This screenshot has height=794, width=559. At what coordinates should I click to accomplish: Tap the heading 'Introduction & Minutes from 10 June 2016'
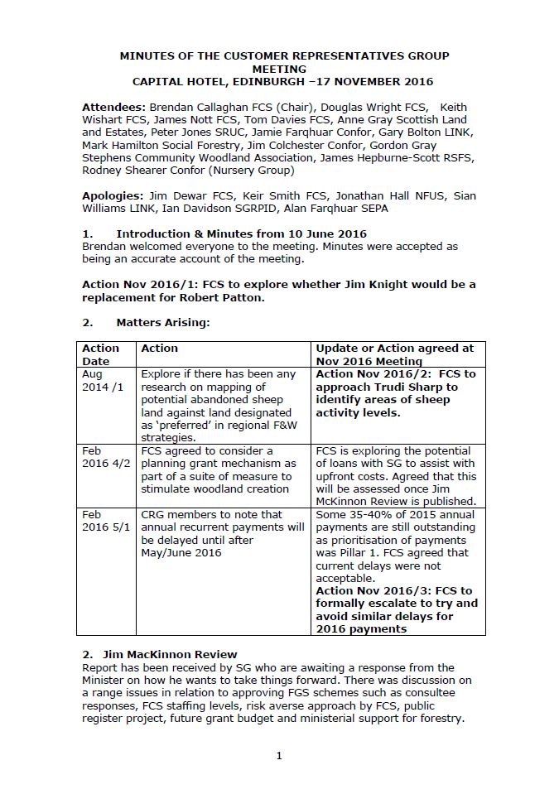(241, 233)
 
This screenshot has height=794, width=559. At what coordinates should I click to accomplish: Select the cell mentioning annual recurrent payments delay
(222, 533)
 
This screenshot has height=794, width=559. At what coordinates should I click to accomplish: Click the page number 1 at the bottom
(279, 755)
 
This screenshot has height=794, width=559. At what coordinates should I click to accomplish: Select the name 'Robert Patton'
(224, 297)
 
